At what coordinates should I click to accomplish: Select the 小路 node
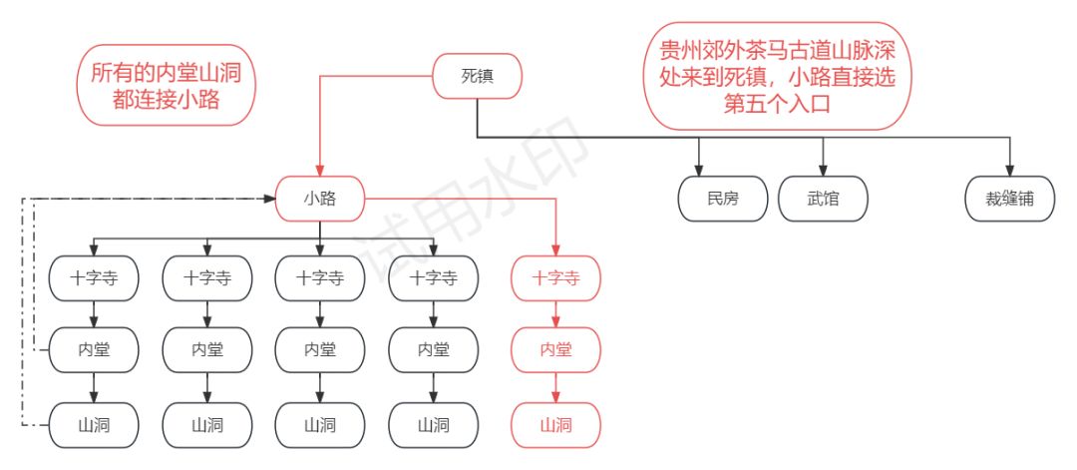tap(319, 199)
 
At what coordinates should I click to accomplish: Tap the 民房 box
tap(723, 199)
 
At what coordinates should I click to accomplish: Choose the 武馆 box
tap(823, 199)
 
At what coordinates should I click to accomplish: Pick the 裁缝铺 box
tap(1010, 199)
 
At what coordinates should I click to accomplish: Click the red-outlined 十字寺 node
tap(556, 278)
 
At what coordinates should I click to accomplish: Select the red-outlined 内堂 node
tap(556, 350)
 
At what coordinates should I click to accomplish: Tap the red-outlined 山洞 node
tap(556, 425)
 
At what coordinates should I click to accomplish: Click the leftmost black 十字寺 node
tap(94, 278)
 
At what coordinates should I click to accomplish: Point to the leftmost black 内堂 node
tap(94, 350)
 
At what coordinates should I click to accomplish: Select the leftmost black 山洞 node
tap(94, 425)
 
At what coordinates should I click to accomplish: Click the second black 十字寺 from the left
tap(207, 278)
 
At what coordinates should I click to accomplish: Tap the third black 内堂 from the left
tap(320, 350)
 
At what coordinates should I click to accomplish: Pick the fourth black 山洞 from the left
tap(433, 425)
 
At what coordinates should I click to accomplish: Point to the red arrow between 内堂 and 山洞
tap(556, 387)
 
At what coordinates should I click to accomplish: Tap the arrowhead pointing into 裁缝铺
tap(1010, 171)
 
